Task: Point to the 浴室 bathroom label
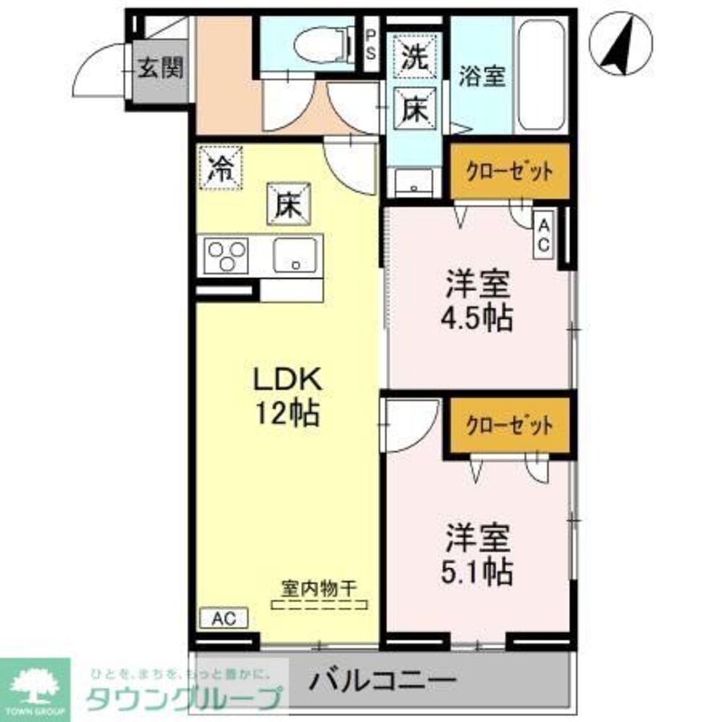(482, 76)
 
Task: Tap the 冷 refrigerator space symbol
(220, 168)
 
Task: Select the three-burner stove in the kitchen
(226, 256)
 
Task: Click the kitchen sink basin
(295, 255)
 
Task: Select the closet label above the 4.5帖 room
(510, 172)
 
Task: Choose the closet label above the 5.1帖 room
(510, 425)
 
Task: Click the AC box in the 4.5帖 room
(543, 233)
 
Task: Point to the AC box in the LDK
(223, 618)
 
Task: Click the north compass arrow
(619, 45)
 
